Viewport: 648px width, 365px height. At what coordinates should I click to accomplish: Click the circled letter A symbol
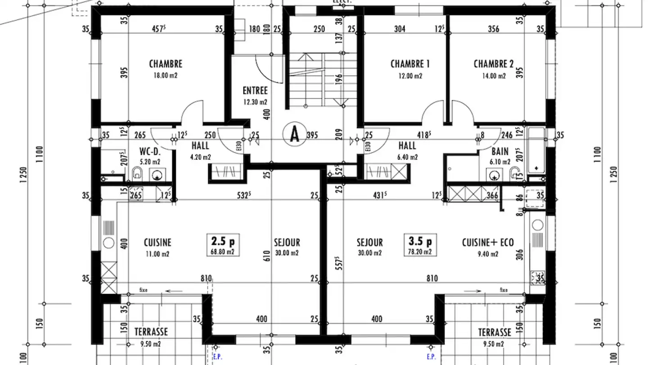coord(294,134)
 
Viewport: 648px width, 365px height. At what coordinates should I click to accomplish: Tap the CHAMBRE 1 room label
coord(410,64)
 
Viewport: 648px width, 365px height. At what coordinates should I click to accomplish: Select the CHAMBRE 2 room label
coord(493,64)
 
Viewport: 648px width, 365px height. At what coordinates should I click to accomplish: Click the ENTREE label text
coord(255,91)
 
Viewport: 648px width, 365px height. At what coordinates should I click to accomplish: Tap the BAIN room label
coord(500,152)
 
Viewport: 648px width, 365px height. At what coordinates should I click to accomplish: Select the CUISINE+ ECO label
coord(487,242)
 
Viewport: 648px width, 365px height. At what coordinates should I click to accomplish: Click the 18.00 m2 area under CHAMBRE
coord(166,76)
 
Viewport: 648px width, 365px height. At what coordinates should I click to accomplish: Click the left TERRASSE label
coord(151,332)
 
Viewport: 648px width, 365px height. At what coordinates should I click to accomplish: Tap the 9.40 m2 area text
coord(487,254)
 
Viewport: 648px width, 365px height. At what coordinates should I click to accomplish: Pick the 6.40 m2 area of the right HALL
coord(407,157)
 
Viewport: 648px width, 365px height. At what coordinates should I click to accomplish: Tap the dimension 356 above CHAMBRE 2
coord(493,29)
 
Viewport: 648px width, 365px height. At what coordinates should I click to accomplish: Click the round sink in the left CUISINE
coord(108,242)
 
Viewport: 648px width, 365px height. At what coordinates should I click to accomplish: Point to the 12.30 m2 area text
coord(255,102)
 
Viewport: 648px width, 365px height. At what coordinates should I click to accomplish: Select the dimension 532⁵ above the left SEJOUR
coord(246,195)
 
